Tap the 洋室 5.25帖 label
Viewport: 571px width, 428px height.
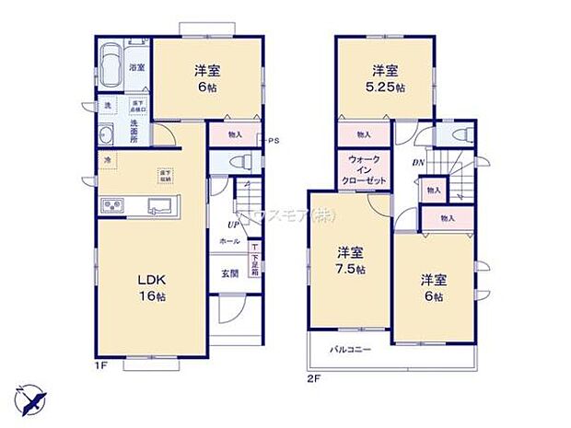coord(385,79)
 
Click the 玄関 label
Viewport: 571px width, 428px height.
coord(228,273)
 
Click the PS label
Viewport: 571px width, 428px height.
coord(273,141)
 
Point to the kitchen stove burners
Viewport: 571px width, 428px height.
coord(113,204)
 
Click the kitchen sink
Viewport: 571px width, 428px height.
coord(158,204)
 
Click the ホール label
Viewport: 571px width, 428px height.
coord(229,240)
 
